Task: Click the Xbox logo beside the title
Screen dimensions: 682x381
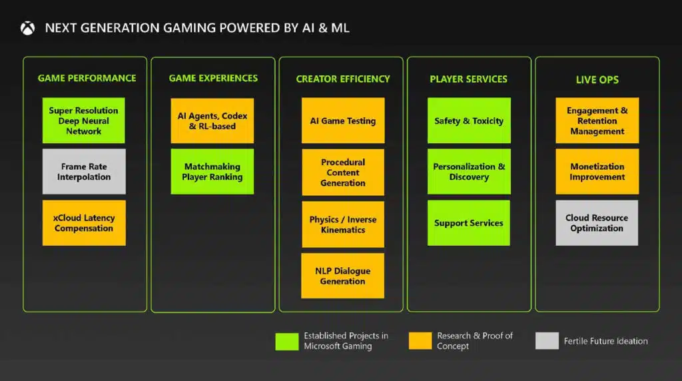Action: (x=27, y=28)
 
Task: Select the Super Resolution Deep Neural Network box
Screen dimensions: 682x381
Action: (x=83, y=121)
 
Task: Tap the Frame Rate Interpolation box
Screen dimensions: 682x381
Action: (x=84, y=171)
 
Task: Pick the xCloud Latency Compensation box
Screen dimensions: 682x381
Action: (x=84, y=222)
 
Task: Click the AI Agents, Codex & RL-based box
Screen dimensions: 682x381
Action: (x=212, y=121)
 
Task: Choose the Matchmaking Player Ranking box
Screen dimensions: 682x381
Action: (x=212, y=171)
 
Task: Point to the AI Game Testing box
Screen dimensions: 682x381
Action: (x=343, y=121)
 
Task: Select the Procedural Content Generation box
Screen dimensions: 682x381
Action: (x=343, y=173)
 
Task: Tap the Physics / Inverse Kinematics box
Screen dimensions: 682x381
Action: (x=343, y=224)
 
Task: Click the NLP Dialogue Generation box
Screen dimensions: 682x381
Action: (x=343, y=276)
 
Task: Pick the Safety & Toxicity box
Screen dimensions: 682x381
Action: (x=469, y=121)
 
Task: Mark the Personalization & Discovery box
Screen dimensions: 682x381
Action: (x=469, y=171)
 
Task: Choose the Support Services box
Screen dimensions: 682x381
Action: (x=469, y=222)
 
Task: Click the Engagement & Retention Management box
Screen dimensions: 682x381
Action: (x=597, y=121)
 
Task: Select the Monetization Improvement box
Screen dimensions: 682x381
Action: (x=597, y=171)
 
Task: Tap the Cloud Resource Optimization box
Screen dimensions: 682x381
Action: (x=597, y=222)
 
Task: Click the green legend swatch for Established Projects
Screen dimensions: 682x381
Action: (x=287, y=342)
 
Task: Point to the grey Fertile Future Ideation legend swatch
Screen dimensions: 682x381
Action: (x=547, y=340)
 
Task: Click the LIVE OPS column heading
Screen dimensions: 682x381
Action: (x=597, y=79)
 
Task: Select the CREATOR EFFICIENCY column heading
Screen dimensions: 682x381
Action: (x=343, y=79)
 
